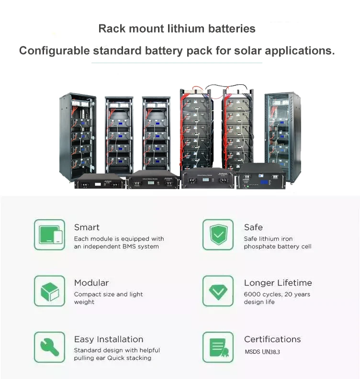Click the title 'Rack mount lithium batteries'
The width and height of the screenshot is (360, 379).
pos(177,28)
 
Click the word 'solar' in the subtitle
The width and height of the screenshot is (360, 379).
pos(247,51)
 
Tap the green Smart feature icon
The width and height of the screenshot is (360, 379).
pos(49,234)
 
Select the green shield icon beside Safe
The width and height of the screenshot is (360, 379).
pos(218,234)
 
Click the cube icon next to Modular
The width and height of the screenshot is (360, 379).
pos(49,291)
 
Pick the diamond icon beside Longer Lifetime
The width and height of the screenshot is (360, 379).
pos(218,291)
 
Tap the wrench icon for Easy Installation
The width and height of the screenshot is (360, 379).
pos(49,347)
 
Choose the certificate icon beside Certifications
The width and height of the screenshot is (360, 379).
pos(218,347)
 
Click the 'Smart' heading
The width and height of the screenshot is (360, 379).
pos(87,227)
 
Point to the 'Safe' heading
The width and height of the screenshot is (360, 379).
pos(253,227)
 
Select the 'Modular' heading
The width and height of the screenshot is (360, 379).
pos(91,283)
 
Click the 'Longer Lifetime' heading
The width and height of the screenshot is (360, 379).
pos(278,283)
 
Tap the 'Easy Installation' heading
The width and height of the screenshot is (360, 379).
pos(109,339)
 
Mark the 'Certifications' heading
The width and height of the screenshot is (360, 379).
pos(272,339)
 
